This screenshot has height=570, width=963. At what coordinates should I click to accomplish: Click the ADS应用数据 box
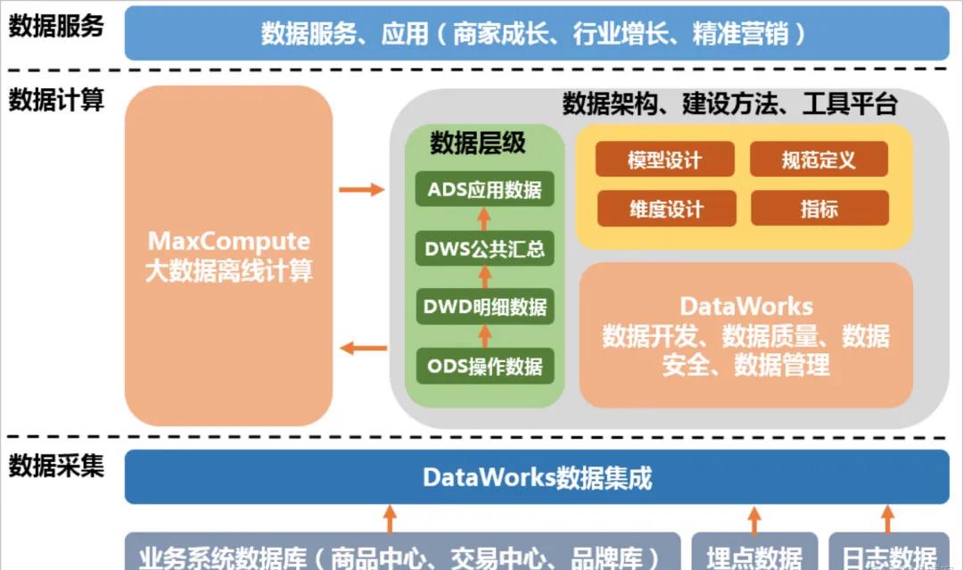pyautogui.click(x=484, y=189)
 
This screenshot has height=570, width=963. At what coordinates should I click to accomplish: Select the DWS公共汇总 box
pyautogui.click(x=484, y=248)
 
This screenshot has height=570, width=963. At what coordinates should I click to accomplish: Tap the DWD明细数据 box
pyautogui.click(x=484, y=307)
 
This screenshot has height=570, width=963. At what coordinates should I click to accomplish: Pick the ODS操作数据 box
pyautogui.click(x=484, y=366)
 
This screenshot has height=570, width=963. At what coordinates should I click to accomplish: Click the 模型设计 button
pyautogui.click(x=664, y=160)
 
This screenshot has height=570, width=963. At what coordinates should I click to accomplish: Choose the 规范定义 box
pyautogui.click(x=819, y=160)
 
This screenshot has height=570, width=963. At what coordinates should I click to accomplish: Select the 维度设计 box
pyautogui.click(x=664, y=209)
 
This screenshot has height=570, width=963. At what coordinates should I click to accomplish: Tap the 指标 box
pyautogui.click(x=819, y=209)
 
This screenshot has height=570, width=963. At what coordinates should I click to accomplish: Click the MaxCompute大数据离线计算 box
pyautogui.click(x=229, y=255)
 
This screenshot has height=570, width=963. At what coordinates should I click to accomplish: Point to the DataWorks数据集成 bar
pyautogui.click(x=537, y=477)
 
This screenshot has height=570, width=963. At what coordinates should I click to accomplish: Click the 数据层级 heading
pyautogui.click(x=478, y=143)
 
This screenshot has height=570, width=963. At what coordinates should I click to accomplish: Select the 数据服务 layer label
pyautogui.click(x=56, y=26)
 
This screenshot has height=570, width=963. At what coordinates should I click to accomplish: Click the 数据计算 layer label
pyautogui.click(x=56, y=100)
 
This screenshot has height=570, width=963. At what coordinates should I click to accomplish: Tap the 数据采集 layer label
pyautogui.click(x=56, y=466)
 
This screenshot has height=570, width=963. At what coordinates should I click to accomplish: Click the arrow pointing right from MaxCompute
pyautogui.click(x=361, y=189)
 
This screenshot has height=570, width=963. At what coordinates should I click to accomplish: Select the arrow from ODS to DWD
pyautogui.click(x=484, y=336)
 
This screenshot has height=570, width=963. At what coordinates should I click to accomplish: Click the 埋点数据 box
pyautogui.click(x=754, y=555)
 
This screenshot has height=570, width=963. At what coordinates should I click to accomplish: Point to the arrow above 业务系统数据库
pyautogui.click(x=390, y=518)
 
